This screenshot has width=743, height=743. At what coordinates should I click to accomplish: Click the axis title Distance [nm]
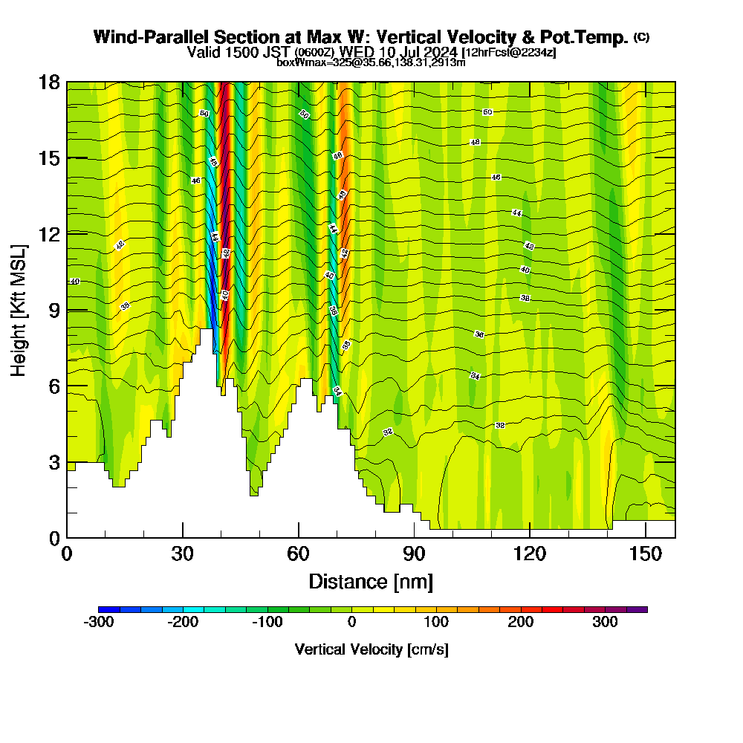click(x=371, y=580)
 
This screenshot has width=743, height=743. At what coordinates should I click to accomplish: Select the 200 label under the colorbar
click(x=521, y=622)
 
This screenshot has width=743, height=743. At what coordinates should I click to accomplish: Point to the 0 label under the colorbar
click(x=351, y=622)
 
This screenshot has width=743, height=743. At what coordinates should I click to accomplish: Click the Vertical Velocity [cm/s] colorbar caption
click(x=371, y=649)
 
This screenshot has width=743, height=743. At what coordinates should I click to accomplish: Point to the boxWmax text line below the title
click(x=371, y=62)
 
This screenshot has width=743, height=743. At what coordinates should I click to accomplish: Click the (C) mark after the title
click(x=641, y=36)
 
